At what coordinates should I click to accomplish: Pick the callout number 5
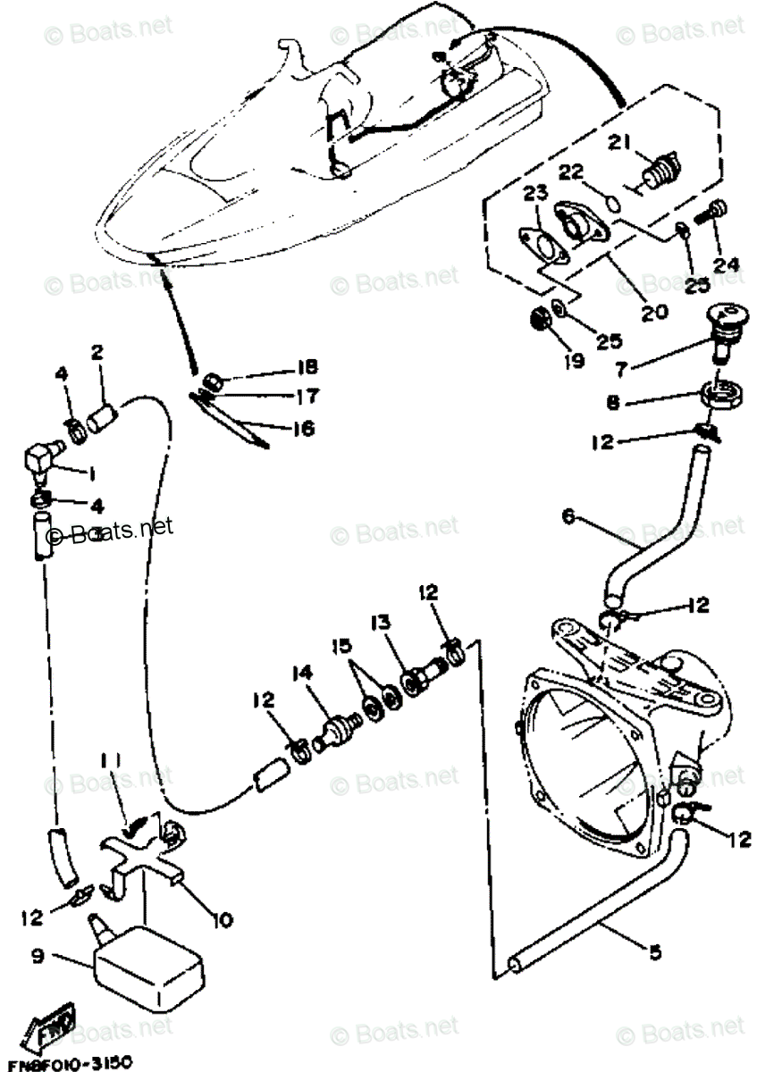655,953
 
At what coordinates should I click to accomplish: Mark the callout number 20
653,312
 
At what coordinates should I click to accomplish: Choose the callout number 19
573,361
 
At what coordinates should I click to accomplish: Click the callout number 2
98,352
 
